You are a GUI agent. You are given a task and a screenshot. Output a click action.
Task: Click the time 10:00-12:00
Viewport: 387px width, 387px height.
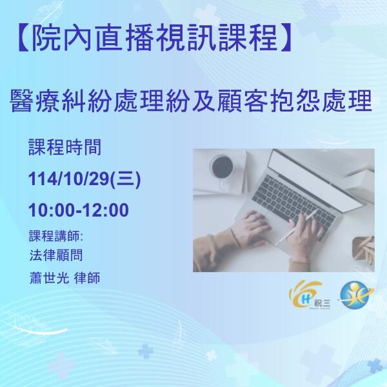79,210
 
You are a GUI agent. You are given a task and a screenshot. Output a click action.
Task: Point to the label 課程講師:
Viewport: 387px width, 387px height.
57,233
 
